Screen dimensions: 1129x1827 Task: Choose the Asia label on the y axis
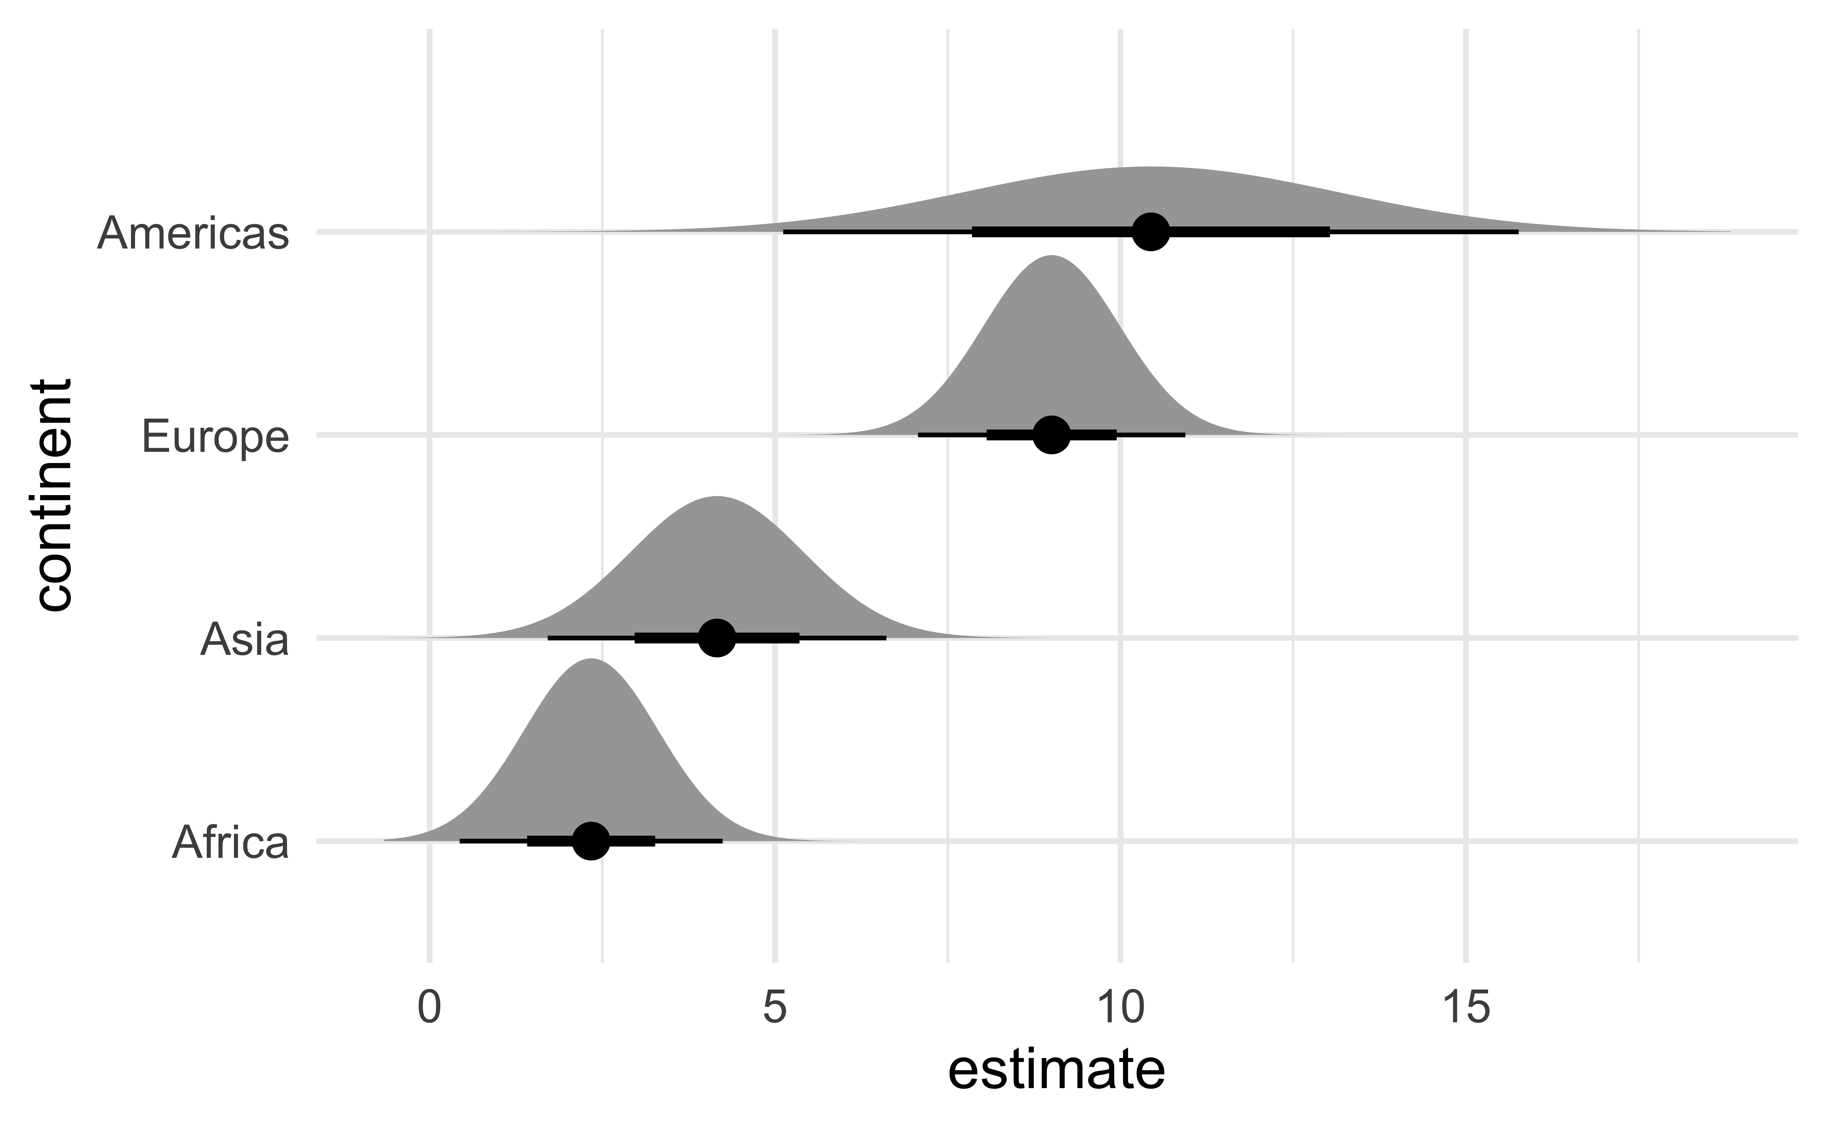point(244,640)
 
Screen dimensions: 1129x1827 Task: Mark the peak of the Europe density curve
point(1051,256)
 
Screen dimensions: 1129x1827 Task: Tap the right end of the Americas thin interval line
point(1517,232)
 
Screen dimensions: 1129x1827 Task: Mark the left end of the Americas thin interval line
point(784,232)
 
